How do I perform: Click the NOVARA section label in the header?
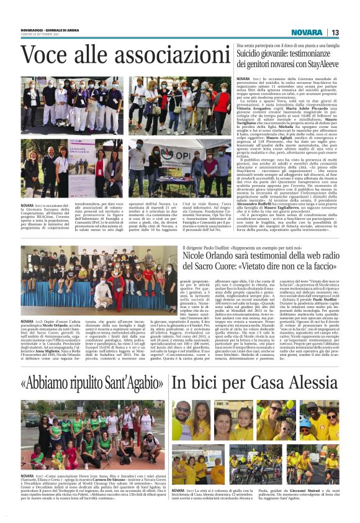tap(307, 32)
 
